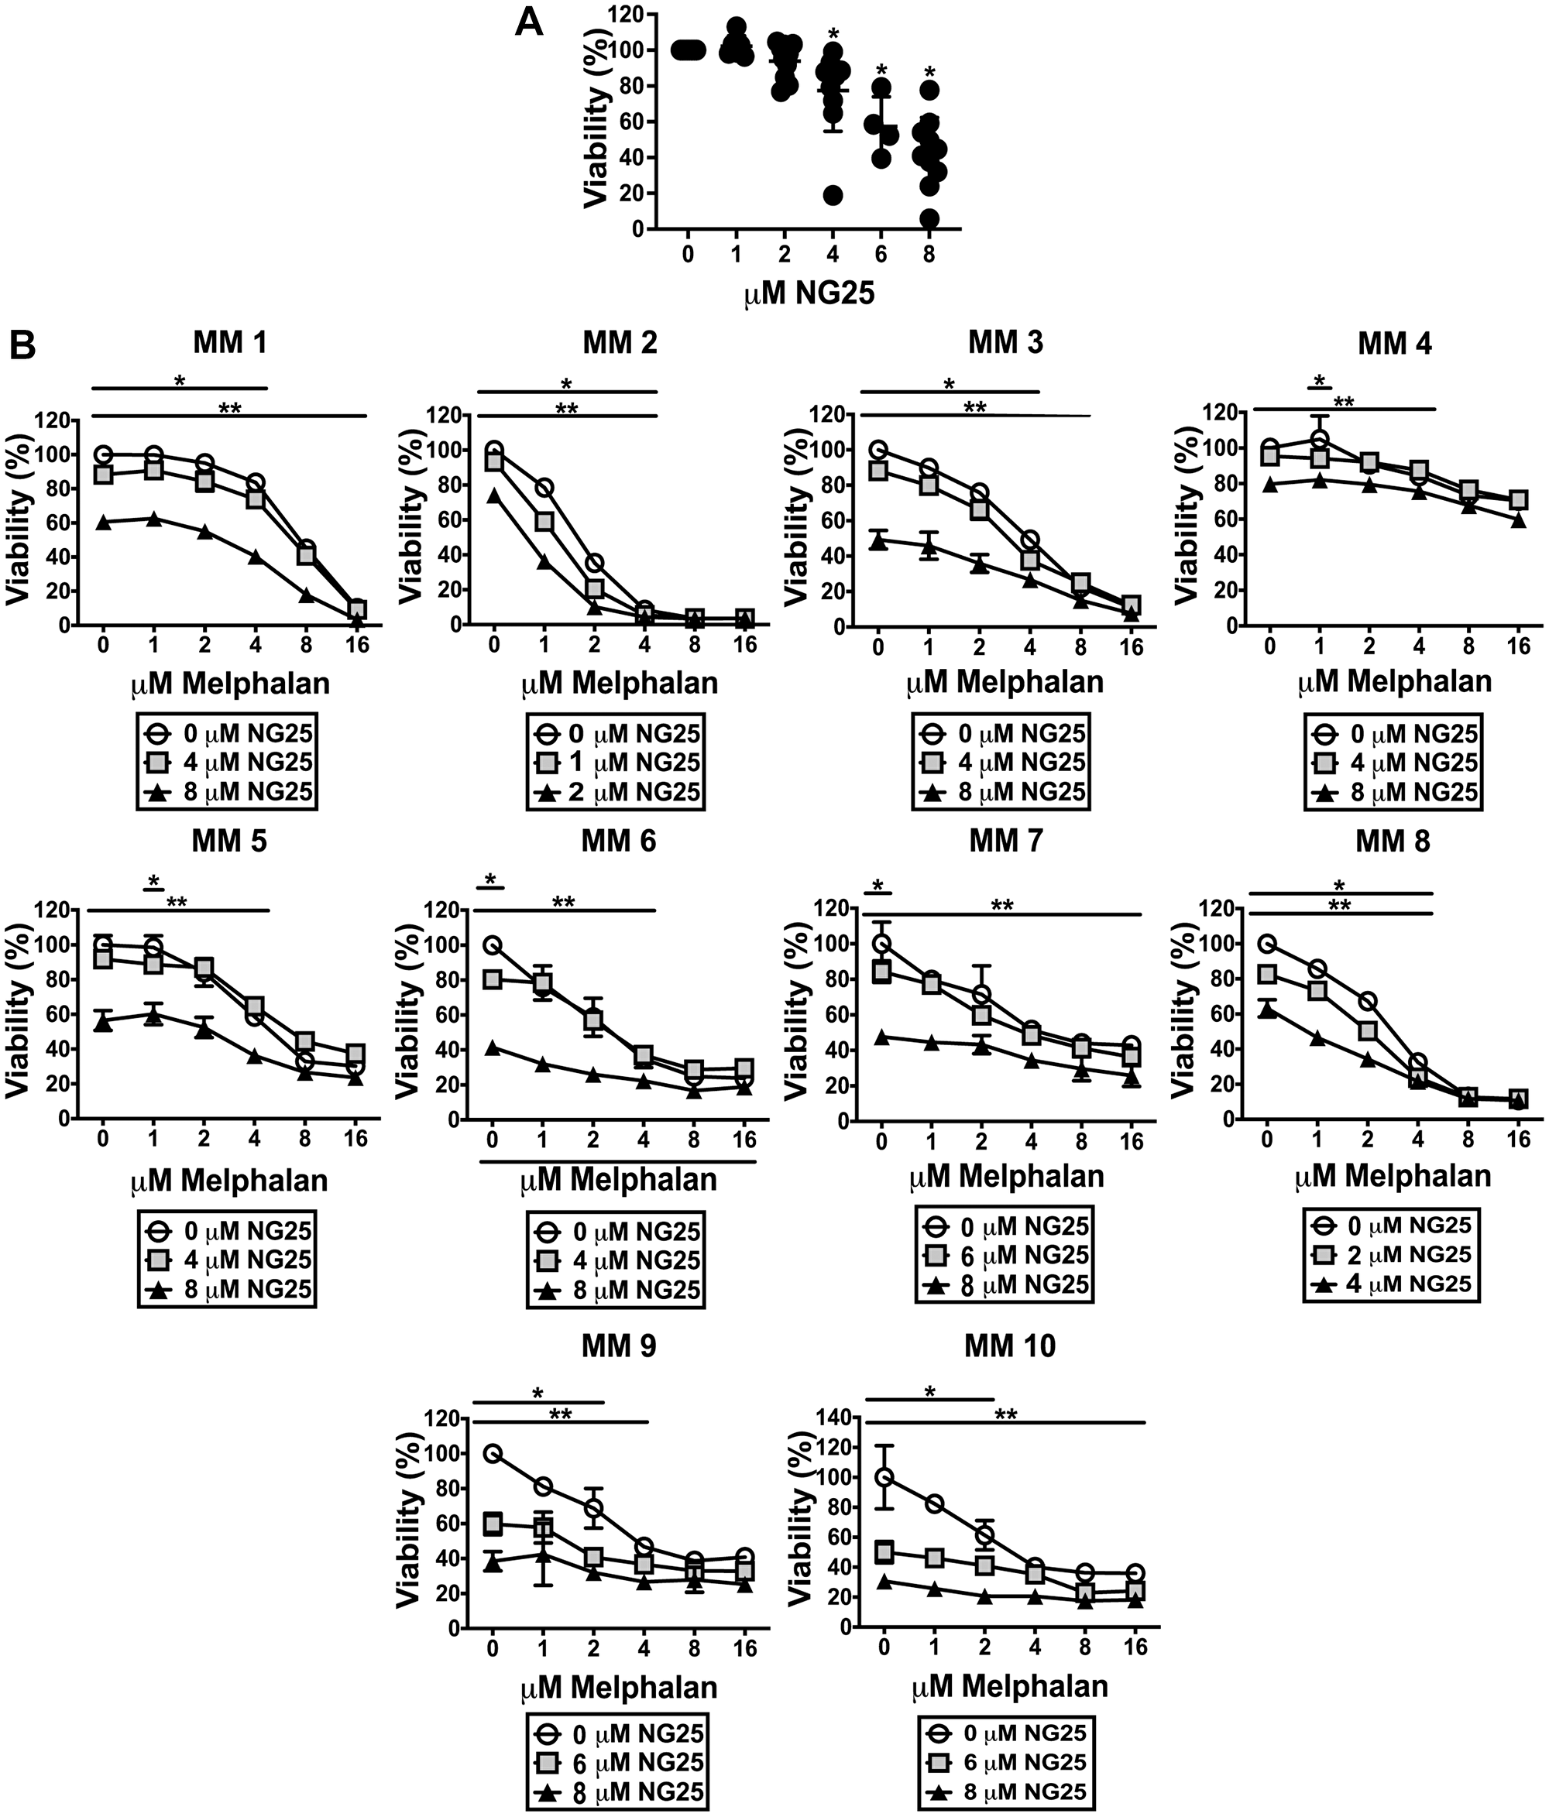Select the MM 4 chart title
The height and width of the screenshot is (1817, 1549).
coord(1395,344)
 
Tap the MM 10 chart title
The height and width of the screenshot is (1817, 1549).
coord(1010,1346)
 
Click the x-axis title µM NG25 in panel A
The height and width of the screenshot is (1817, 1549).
coord(808,293)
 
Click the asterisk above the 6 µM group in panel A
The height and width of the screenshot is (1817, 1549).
coord(881,70)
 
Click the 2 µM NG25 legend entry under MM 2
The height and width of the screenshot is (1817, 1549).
coord(618,793)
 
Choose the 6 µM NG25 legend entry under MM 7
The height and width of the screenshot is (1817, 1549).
coord(1006,1255)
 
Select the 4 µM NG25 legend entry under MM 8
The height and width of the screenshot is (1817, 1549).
coord(1393,1284)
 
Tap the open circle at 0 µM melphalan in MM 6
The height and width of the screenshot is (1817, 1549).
coord(493,944)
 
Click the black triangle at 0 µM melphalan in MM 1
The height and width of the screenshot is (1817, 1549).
coord(104,522)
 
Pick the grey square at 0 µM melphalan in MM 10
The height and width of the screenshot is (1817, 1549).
coord(884,1552)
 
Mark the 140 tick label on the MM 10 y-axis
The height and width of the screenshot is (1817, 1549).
coord(832,1418)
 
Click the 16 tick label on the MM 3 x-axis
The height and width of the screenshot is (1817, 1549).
coord(1132,648)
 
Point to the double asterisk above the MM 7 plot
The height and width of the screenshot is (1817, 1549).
coord(1001,906)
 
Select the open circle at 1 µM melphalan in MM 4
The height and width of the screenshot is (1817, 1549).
coord(1319,438)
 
